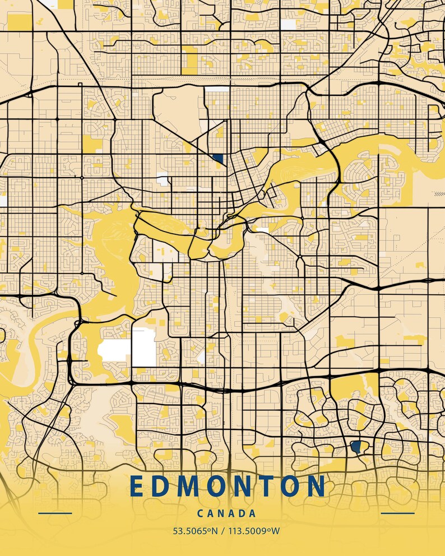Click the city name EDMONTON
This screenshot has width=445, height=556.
tap(228, 486)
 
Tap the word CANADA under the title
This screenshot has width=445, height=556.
tap(227, 513)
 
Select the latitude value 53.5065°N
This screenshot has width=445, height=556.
tap(193, 531)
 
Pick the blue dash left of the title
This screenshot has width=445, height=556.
tap(55, 513)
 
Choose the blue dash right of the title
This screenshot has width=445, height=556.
tap(397, 513)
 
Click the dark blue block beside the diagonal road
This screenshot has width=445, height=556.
tap(217, 159)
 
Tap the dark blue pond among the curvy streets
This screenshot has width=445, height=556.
tap(355, 447)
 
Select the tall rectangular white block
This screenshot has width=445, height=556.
tap(143, 347)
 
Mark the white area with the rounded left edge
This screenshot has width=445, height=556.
tap(114, 350)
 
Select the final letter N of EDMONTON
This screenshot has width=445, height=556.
tap(317, 486)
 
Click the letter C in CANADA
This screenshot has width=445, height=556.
tap(201, 513)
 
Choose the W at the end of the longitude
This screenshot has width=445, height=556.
tap(276, 531)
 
